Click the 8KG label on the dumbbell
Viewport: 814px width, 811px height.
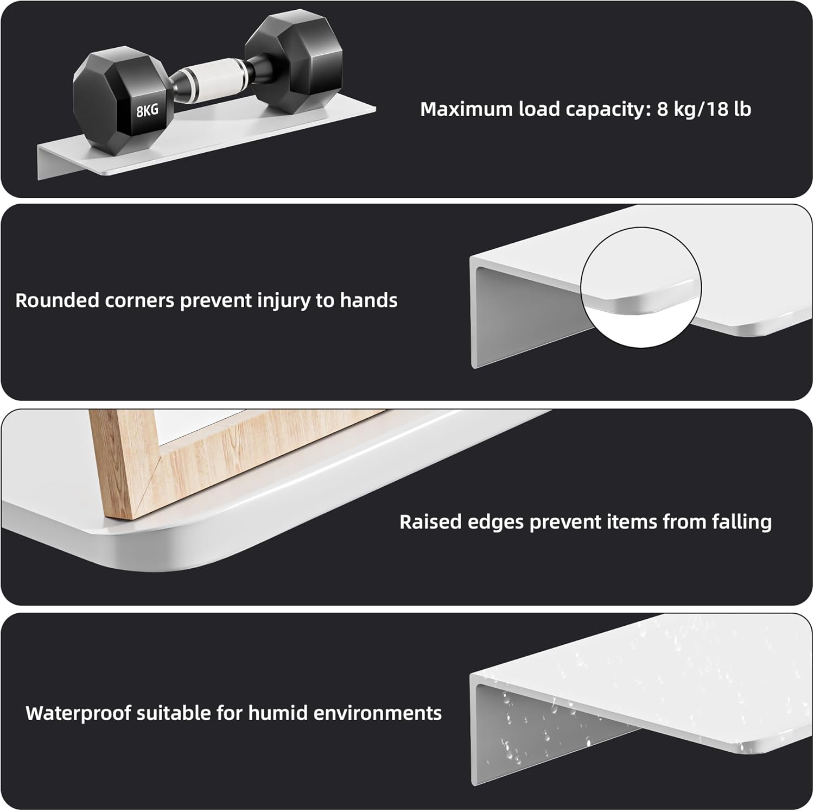click(147, 111)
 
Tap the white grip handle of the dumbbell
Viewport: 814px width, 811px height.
click(209, 76)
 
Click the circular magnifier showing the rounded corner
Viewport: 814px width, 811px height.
click(641, 287)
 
